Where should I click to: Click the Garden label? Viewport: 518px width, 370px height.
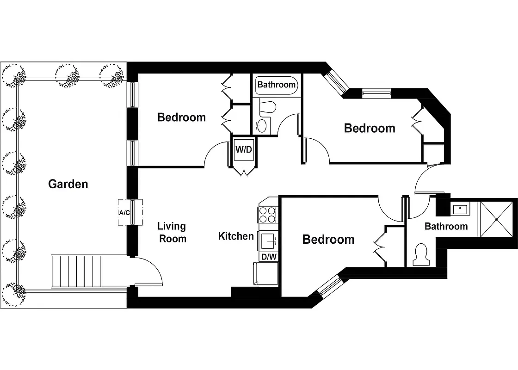[68, 184]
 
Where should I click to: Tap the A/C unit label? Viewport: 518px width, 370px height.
[124, 213]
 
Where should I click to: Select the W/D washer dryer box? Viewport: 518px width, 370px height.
[244, 150]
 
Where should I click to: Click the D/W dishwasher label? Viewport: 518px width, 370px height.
[269, 257]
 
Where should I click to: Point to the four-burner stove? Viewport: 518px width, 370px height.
[268, 216]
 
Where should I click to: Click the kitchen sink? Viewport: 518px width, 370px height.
[268, 240]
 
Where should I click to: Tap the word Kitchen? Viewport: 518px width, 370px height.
[236, 236]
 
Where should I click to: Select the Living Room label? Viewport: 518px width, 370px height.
[172, 232]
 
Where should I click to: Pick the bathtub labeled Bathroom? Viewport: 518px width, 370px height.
[277, 85]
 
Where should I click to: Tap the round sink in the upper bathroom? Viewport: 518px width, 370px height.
[262, 125]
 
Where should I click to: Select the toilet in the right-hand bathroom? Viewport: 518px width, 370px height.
[421, 255]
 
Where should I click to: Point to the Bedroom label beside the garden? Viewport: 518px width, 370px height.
[181, 117]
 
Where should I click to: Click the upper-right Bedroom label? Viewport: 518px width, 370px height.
[370, 128]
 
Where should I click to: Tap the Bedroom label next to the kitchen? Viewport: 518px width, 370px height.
[328, 239]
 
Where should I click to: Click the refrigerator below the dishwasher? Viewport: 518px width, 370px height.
[265, 273]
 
